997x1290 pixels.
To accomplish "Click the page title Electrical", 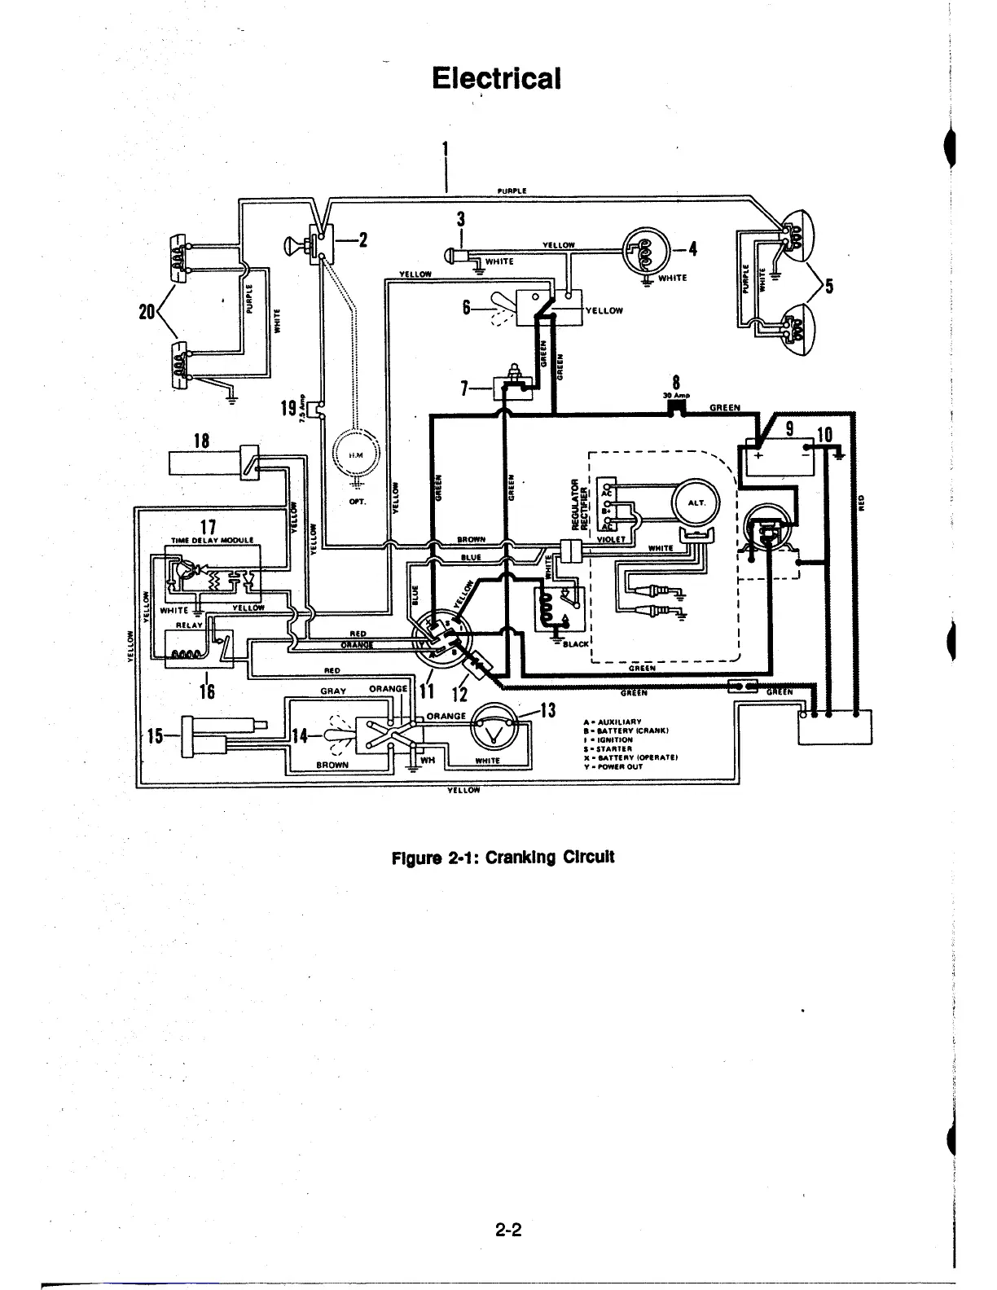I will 496,78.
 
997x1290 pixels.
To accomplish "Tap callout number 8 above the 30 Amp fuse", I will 676,383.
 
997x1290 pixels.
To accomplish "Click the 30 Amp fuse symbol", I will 676,410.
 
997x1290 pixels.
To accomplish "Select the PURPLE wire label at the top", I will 512,191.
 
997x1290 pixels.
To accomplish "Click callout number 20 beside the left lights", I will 147,311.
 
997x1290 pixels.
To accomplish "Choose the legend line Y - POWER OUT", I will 613,766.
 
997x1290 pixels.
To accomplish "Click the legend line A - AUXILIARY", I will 613,722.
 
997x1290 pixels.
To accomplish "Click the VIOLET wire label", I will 609,538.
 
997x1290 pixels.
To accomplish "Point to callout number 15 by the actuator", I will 155,735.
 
